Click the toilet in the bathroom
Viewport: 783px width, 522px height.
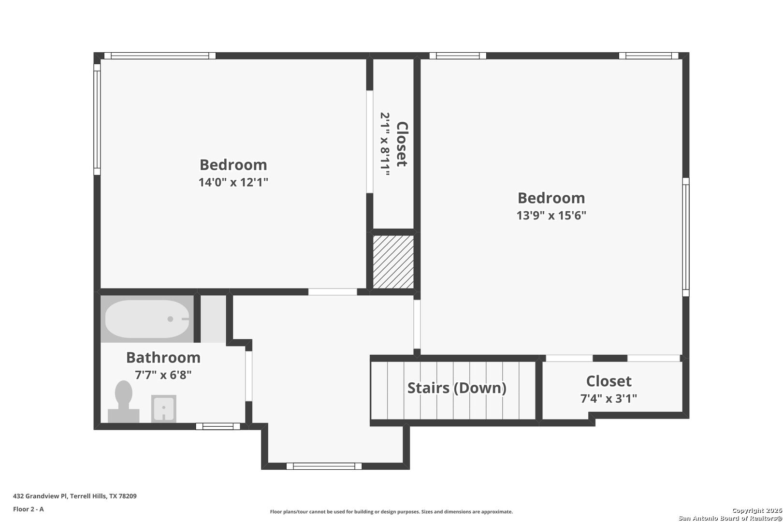pos(123,402)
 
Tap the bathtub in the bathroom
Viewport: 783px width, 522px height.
pos(147,319)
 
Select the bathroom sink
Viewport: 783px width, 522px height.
pos(163,408)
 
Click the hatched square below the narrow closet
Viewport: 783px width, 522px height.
pos(393,262)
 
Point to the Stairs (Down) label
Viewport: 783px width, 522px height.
pos(457,388)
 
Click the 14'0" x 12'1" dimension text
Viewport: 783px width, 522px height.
pos(233,182)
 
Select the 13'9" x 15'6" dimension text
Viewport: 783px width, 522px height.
pos(551,216)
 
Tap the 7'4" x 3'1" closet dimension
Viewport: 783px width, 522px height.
pos(609,399)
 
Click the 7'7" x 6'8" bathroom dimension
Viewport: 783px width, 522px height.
pos(163,375)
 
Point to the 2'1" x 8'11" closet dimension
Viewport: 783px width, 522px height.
pos(385,144)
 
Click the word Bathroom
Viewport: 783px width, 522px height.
pos(163,358)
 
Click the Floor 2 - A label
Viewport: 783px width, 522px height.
pos(29,509)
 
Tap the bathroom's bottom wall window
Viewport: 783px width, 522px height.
pos(218,427)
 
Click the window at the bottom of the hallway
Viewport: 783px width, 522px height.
pos(324,466)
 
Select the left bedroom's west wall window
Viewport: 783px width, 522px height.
pos(97,119)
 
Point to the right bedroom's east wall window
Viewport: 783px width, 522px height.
pos(686,237)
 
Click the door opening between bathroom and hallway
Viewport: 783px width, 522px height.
pos(248,376)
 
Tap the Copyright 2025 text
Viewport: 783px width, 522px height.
pos(756,510)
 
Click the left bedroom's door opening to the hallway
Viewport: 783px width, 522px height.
pos(333,292)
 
